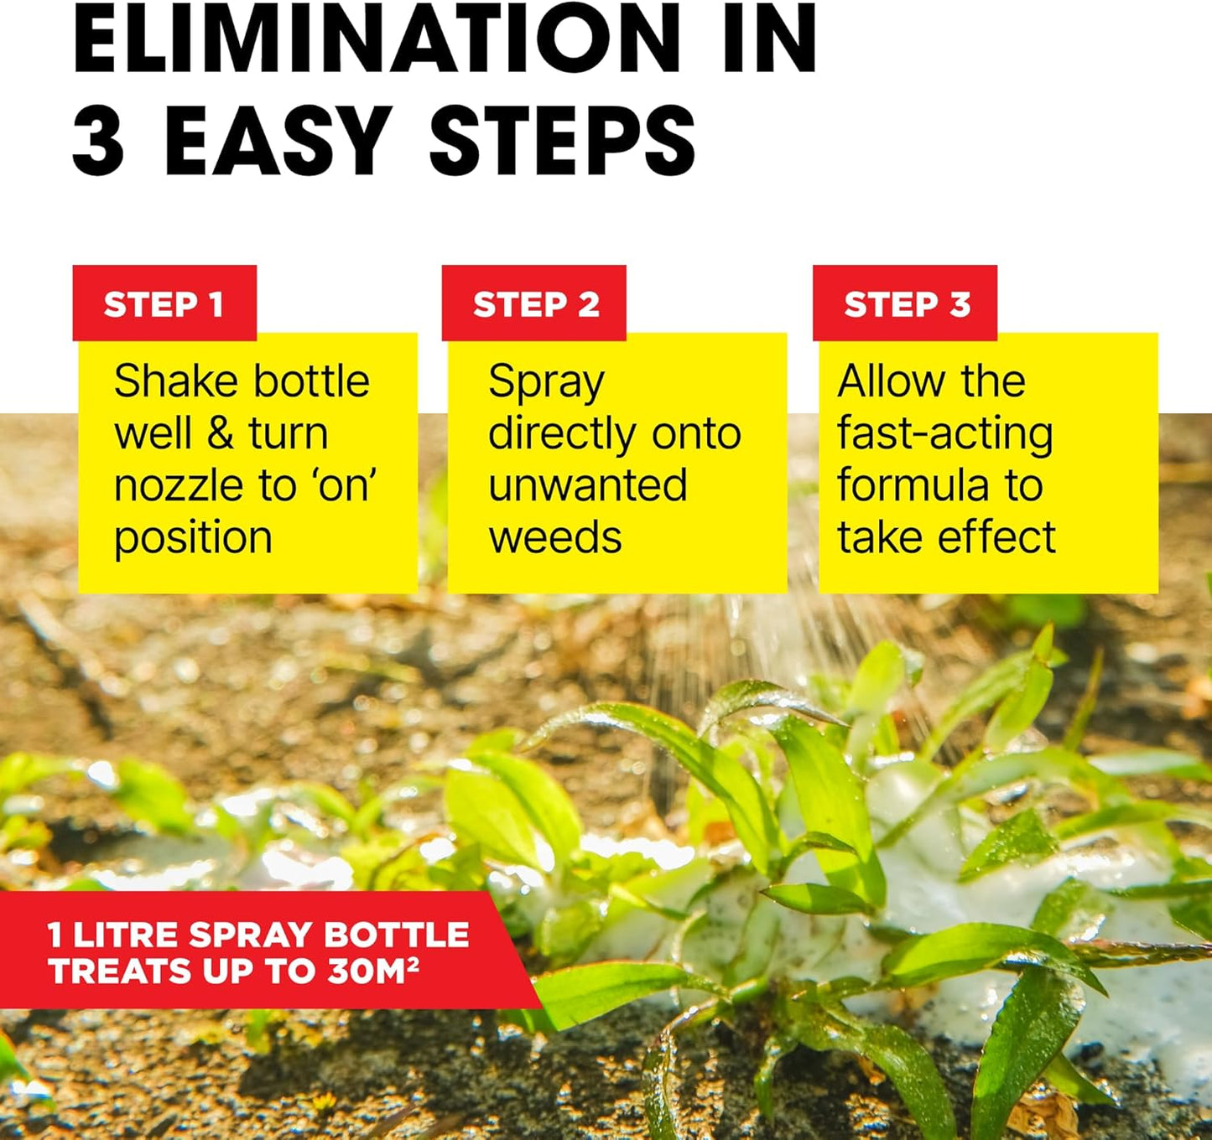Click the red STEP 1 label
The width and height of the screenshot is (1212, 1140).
point(164,304)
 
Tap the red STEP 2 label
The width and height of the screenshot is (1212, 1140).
point(535,304)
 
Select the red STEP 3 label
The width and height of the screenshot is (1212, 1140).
point(906,304)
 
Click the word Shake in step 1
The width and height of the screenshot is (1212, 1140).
point(164,381)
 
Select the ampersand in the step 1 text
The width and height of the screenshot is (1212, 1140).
point(220,433)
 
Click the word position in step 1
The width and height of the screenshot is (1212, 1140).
point(193,539)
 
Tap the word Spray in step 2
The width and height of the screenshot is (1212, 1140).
point(546,383)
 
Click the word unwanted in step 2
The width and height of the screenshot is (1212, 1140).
point(587,485)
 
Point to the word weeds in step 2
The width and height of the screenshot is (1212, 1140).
point(555,537)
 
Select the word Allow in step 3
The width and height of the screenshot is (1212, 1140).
point(891,381)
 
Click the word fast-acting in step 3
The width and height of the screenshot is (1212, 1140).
point(945,434)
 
